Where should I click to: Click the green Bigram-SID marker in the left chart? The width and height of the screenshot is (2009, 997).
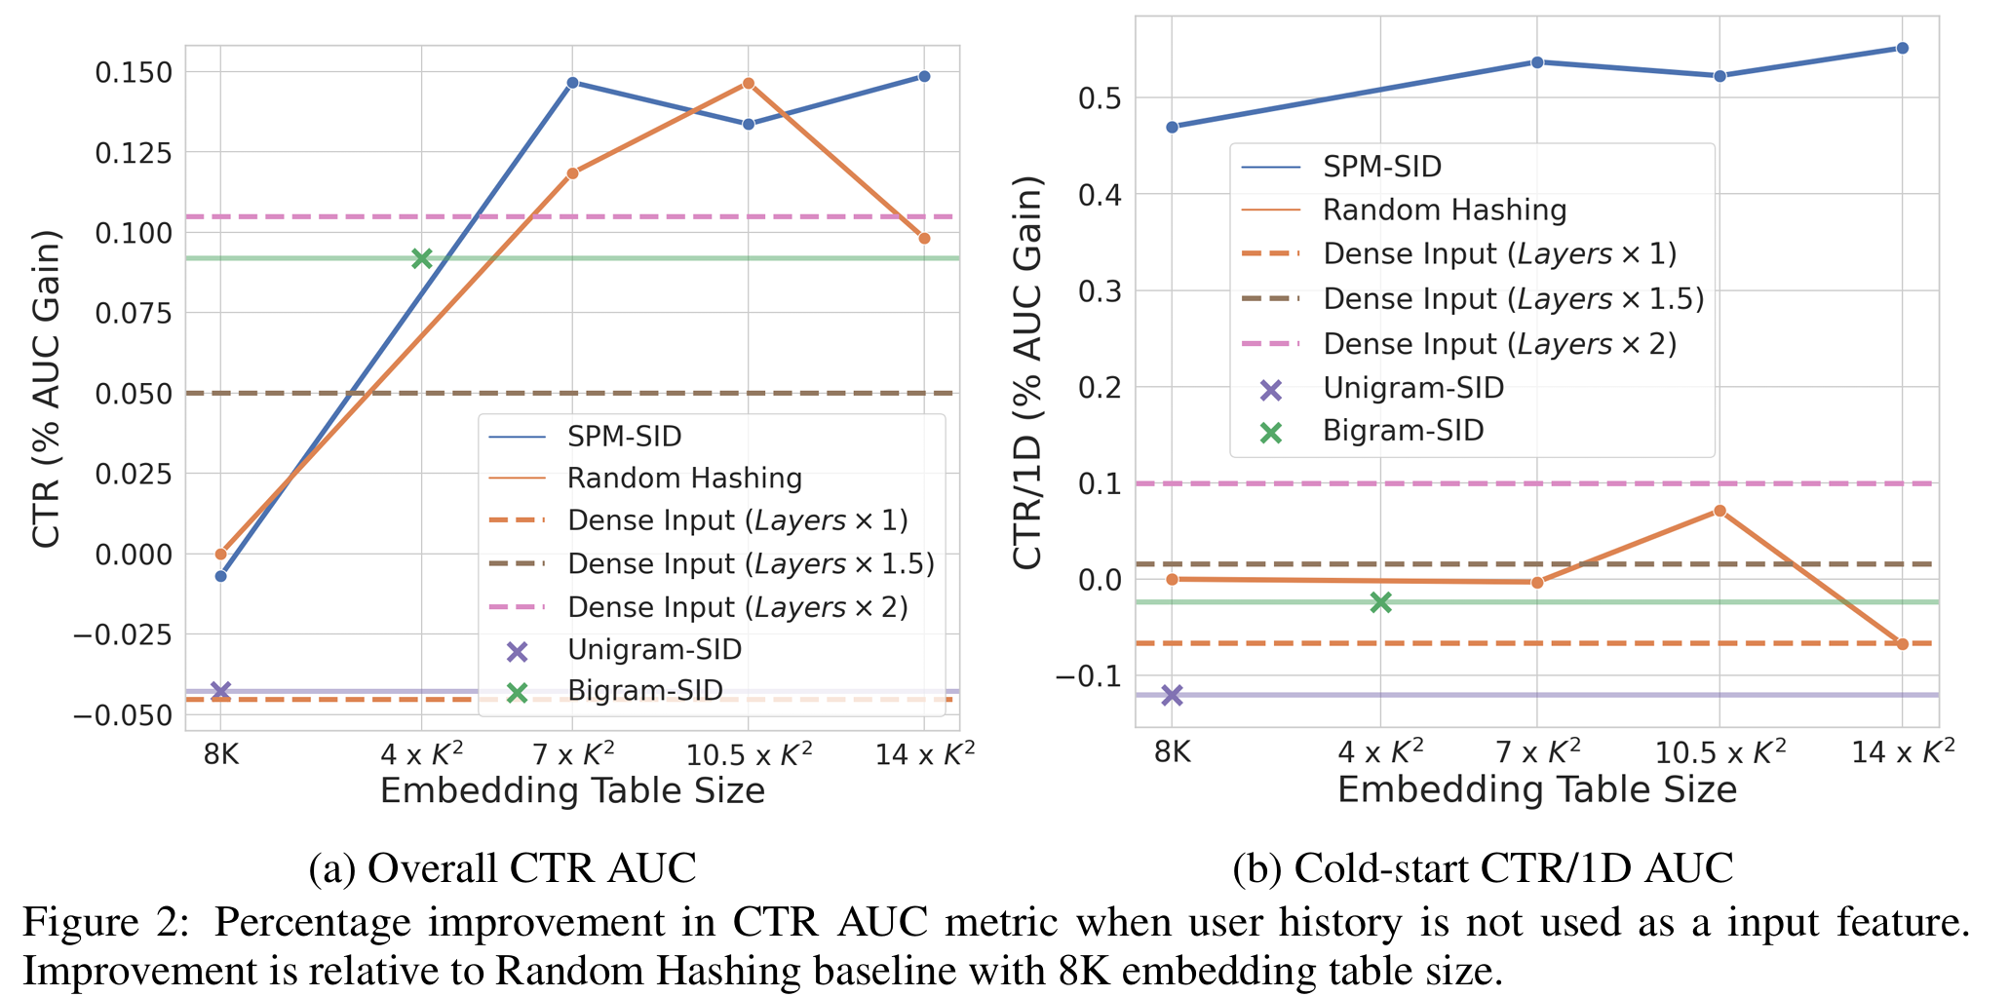(421, 258)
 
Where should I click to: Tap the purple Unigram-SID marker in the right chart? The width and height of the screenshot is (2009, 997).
(1172, 695)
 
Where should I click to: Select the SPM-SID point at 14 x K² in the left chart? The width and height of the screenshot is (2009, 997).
(924, 76)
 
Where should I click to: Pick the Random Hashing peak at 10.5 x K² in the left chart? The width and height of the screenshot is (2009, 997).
(749, 83)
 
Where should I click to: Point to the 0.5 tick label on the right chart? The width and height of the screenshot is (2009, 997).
(1100, 98)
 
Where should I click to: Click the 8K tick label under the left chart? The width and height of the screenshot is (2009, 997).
(220, 755)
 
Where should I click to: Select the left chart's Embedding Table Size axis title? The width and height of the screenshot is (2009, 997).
(572, 790)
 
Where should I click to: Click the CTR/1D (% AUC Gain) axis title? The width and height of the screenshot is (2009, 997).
(1027, 373)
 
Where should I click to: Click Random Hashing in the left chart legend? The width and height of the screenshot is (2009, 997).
(684, 479)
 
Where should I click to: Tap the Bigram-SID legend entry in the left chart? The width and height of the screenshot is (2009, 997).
(644, 691)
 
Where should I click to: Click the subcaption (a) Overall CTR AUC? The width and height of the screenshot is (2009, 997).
(502, 867)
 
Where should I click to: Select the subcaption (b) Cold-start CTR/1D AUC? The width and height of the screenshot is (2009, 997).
(1483, 867)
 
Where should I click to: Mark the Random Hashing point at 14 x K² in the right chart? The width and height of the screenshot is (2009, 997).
(1902, 644)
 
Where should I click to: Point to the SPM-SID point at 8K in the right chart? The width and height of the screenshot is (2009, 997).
(1172, 127)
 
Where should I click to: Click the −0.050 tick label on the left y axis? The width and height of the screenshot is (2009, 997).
(127, 715)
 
